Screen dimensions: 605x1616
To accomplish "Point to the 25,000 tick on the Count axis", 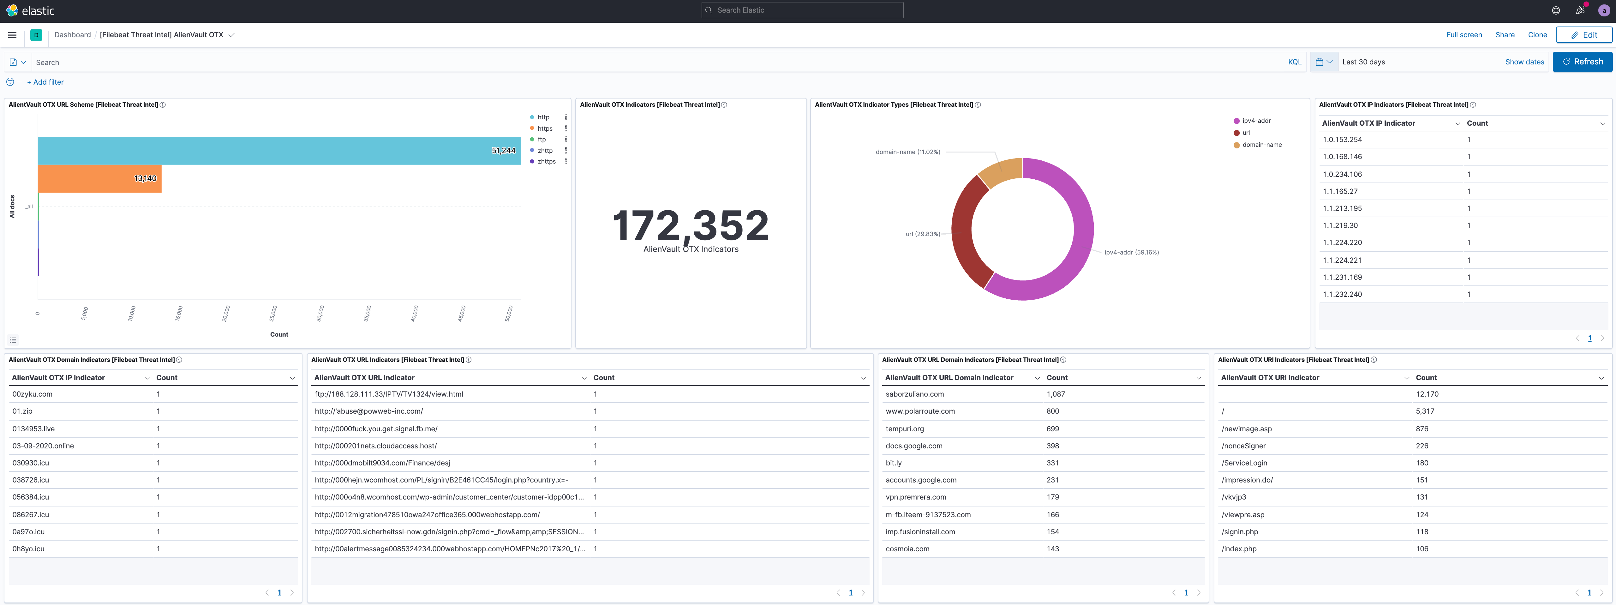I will (x=273, y=313).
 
